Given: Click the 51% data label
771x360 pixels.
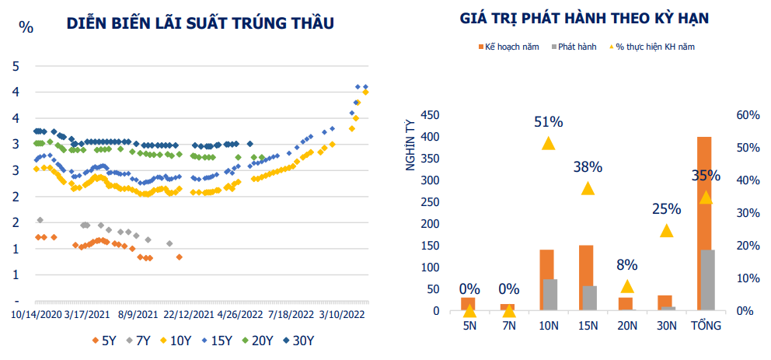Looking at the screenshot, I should pos(548,122).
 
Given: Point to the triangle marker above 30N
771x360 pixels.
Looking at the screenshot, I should pos(666,231).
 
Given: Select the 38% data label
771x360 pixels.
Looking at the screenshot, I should pos(588,166).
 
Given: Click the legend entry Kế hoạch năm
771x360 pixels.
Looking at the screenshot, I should pos(508,47).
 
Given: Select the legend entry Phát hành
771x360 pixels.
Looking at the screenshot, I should pos(576,47).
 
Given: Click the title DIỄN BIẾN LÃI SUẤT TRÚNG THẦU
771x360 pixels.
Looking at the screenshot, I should pos(200,23).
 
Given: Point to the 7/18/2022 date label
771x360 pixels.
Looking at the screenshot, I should pos(291,315).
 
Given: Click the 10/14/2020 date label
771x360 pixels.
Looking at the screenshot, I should pos(36,315).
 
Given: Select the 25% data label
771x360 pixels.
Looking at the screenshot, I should pos(666,208).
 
